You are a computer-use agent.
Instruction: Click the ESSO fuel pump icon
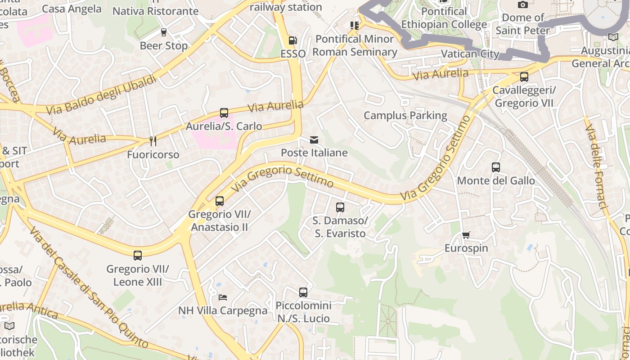(x=292, y=40)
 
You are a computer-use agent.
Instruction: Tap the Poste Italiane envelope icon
(x=314, y=140)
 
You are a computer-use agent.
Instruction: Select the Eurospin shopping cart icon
(x=466, y=235)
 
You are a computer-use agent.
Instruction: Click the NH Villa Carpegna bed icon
(x=223, y=297)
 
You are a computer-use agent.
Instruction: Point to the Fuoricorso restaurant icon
(x=153, y=141)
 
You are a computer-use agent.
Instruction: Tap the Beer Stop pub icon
(x=163, y=32)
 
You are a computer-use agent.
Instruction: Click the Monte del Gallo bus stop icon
(x=495, y=167)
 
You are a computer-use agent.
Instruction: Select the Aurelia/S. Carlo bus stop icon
(x=224, y=113)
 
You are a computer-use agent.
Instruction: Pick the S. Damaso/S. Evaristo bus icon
(x=340, y=207)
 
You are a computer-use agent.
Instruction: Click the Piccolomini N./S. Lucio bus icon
(x=303, y=292)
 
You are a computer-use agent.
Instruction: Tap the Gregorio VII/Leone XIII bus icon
(x=138, y=256)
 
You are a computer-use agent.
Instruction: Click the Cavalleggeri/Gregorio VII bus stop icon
(x=524, y=77)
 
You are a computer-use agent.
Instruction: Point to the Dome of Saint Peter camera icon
(x=522, y=5)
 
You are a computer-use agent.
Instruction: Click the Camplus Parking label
(x=405, y=116)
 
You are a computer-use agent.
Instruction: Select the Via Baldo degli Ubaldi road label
(x=101, y=94)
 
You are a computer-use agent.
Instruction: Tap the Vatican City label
(x=470, y=54)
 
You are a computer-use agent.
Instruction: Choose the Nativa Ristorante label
(x=155, y=11)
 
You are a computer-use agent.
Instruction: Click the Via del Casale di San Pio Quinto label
(x=88, y=288)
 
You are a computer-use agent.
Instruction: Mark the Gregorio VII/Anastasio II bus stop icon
(x=220, y=201)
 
